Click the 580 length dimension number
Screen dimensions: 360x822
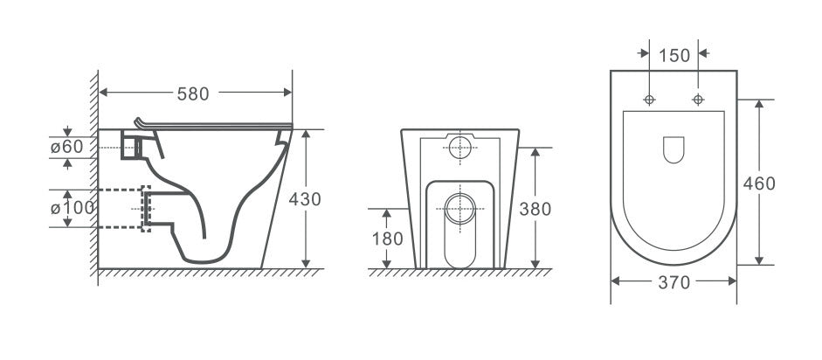194,92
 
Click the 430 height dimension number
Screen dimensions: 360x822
305,199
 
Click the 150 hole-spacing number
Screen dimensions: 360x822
673,55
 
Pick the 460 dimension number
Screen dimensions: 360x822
759,183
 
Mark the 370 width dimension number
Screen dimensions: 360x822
673,282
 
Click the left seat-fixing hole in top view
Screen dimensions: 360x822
649,99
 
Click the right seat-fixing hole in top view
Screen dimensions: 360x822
698,99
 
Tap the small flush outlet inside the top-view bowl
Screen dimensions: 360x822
673,150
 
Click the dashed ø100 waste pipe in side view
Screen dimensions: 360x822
131,208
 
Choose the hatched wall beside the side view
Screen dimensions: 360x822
91,175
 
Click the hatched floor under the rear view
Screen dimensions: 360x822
459,273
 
